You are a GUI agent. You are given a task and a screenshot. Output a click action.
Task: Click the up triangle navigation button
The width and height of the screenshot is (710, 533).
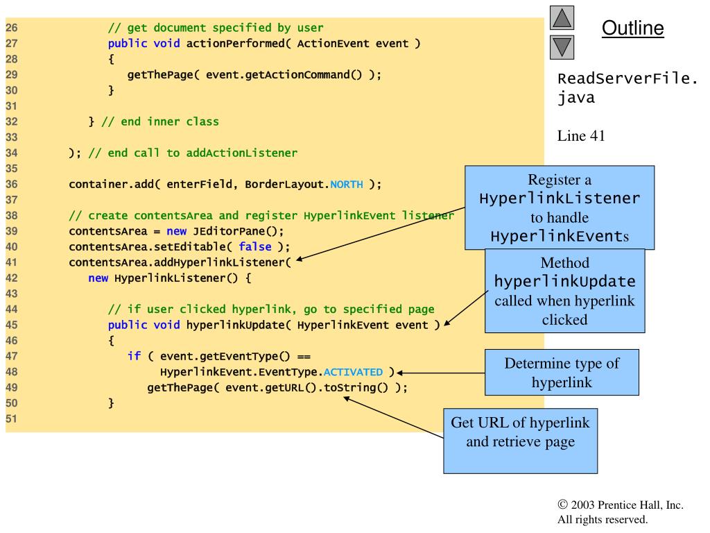pyautogui.click(x=562, y=17)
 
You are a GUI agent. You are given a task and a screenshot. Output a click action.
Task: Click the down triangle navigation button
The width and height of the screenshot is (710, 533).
pyautogui.click(x=562, y=47)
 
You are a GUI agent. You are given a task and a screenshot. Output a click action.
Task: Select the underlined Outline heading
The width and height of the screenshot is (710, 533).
pyautogui.click(x=632, y=28)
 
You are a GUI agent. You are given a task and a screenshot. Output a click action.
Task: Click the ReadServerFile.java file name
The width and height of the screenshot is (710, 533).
pyautogui.click(x=627, y=88)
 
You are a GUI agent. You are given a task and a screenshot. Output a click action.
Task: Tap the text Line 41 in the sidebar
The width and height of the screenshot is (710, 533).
pyautogui.click(x=581, y=136)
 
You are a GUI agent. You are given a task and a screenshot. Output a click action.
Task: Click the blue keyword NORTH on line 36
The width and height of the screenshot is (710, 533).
pyautogui.click(x=347, y=185)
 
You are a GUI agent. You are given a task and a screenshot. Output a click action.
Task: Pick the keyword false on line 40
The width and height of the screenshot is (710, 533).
pyautogui.click(x=255, y=246)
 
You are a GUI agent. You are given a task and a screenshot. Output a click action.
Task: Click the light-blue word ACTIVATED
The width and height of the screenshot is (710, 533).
pyautogui.click(x=353, y=372)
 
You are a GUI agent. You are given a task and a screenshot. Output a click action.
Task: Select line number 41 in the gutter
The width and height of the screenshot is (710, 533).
pyautogui.click(x=11, y=262)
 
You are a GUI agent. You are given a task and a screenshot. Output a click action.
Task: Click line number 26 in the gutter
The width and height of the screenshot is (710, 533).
pyautogui.click(x=11, y=28)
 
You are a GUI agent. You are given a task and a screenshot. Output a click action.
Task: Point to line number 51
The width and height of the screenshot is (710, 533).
pyautogui.click(x=11, y=418)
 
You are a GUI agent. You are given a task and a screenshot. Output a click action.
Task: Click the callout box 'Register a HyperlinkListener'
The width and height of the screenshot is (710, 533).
pyautogui.click(x=560, y=208)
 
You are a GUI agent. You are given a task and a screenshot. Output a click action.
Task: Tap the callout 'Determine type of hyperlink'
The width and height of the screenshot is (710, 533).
pyautogui.click(x=562, y=372)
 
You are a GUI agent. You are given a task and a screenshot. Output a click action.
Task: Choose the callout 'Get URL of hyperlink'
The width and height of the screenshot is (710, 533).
pyautogui.click(x=520, y=441)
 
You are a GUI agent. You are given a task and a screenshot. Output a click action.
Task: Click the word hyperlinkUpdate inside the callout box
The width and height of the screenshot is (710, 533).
pyautogui.click(x=564, y=282)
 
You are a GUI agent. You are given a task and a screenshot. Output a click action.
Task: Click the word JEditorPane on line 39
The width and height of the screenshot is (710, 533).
pyautogui.click(x=229, y=231)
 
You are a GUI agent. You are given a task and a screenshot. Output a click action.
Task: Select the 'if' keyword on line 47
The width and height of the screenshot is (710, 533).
pyautogui.click(x=134, y=356)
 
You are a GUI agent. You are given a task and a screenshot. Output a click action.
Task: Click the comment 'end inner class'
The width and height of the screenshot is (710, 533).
pyautogui.click(x=169, y=122)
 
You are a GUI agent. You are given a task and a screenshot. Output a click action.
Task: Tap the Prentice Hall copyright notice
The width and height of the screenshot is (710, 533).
pyautogui.click(x=621, y=511)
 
